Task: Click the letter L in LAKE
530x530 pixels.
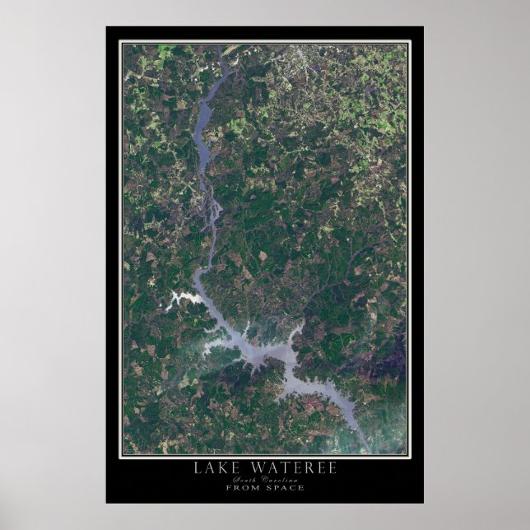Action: point(197,468)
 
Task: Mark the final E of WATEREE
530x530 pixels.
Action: point(331,468)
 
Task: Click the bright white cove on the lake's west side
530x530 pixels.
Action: point(179,300)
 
